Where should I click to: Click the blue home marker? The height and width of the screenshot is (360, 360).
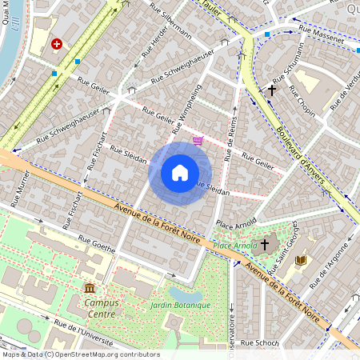180,173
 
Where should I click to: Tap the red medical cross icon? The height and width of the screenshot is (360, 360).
57,45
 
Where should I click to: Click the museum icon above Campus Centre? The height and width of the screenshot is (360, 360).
89,287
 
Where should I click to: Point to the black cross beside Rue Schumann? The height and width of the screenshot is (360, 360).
271,90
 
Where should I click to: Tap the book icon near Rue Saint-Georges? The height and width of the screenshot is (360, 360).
301,261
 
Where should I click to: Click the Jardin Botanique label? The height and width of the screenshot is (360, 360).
180,306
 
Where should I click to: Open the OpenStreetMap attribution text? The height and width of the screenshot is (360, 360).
80,354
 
